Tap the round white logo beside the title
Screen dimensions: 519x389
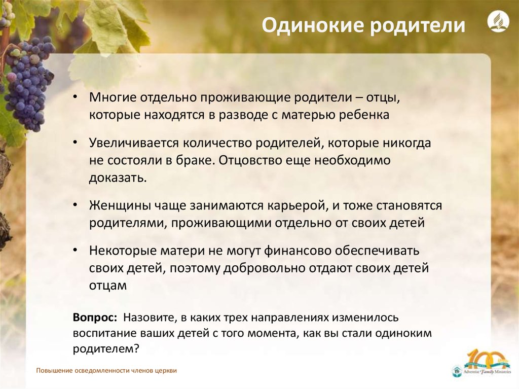tap(498, 21)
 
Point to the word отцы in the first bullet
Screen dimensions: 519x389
tap(383, 98)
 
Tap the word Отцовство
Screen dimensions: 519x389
tap(253, 160)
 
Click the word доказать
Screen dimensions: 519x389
tap(118, 178)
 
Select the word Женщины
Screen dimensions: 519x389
tap(120, 205)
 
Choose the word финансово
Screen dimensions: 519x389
tap(297, 251)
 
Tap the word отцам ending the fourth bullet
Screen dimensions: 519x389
tap(107, 286)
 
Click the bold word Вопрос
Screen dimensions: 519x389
tap(95, 317)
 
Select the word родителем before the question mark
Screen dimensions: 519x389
tap(103, 349)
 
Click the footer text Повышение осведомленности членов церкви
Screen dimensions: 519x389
tap(106, 370)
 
